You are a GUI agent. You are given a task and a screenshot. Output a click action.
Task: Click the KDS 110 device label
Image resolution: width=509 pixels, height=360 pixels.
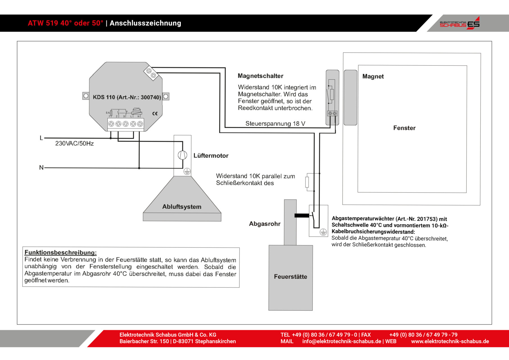[127, 97]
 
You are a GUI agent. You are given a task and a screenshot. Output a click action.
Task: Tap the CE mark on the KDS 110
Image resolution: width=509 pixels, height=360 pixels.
[155, 114]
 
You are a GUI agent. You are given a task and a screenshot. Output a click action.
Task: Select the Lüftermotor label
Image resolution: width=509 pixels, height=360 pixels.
[211, 156]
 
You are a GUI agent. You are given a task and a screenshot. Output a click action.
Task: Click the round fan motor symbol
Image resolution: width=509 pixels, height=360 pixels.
[182, 155]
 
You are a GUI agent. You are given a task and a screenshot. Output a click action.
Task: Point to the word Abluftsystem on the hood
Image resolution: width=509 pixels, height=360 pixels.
[182, 207]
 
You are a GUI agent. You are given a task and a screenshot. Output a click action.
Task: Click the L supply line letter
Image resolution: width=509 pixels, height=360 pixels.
[41, 138]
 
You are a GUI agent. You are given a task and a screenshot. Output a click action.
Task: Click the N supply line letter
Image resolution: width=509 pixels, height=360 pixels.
[41, 168]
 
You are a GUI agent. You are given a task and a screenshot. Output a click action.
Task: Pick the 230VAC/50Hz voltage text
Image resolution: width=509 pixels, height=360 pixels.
[74, 143]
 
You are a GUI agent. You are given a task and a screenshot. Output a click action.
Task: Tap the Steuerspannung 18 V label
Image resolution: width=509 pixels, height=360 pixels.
[275, 124]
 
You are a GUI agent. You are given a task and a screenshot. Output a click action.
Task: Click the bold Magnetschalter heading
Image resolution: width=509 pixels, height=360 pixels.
[261, 76]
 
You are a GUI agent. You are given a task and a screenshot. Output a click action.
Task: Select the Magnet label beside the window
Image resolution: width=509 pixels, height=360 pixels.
[373, 76]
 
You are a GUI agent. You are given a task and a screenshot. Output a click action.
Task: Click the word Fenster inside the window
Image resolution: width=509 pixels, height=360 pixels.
[404, 128]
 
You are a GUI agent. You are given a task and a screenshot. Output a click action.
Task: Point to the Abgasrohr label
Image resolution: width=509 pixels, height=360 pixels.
[265, 224]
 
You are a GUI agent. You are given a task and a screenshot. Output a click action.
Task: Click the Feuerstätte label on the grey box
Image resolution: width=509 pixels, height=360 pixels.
[291, 277]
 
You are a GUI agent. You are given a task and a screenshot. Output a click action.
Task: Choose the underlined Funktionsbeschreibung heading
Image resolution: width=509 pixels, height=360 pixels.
[60, 252]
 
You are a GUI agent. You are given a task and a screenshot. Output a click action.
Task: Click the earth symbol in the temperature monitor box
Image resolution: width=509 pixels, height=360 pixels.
[323, 232]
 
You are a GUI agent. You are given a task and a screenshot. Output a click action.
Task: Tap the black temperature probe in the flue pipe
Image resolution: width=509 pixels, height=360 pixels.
[302, 215]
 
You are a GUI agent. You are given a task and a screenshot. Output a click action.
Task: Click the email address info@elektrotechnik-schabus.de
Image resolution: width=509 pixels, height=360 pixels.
[342, 341]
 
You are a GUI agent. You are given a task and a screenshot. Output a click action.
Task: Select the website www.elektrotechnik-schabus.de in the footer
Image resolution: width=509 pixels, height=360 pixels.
[450, 341]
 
